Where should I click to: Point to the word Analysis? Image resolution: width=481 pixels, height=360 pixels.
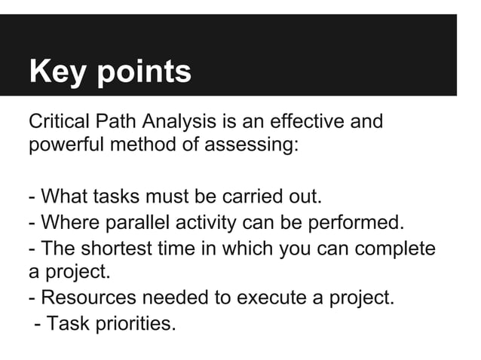[186, 121]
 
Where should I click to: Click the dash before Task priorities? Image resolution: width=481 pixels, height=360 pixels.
[36, 325]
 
